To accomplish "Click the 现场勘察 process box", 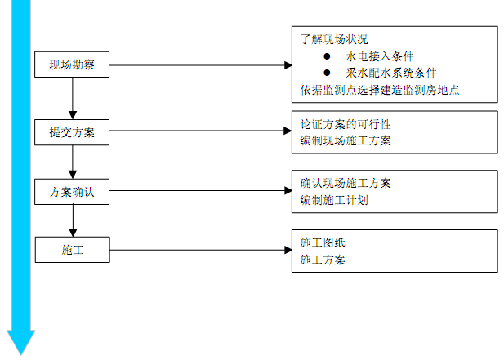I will pyautogui.click(x=72, y=64).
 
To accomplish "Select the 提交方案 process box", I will pyautogui.click(x=72, y=131).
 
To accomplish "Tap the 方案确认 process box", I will pyautogui.click(x=72, y=192).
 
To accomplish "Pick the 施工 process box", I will pyautogui.click(x=72, y=250).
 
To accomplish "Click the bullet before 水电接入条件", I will pyautogui.click(x=327, y=56).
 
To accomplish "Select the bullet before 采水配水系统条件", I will pyautogui.click(x=327, y=73).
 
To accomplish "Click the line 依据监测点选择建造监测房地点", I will pyautogui.click(x=379, y=90).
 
